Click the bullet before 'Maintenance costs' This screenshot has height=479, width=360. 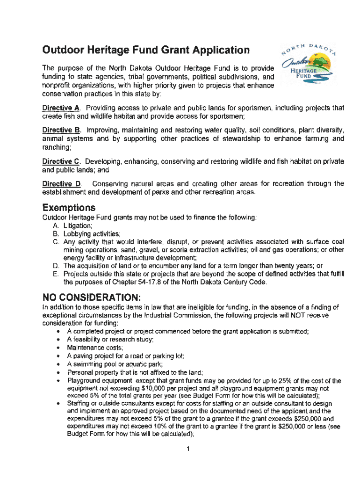click(x=57, y=348)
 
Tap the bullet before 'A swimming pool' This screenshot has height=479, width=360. click(x=57, y=364)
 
